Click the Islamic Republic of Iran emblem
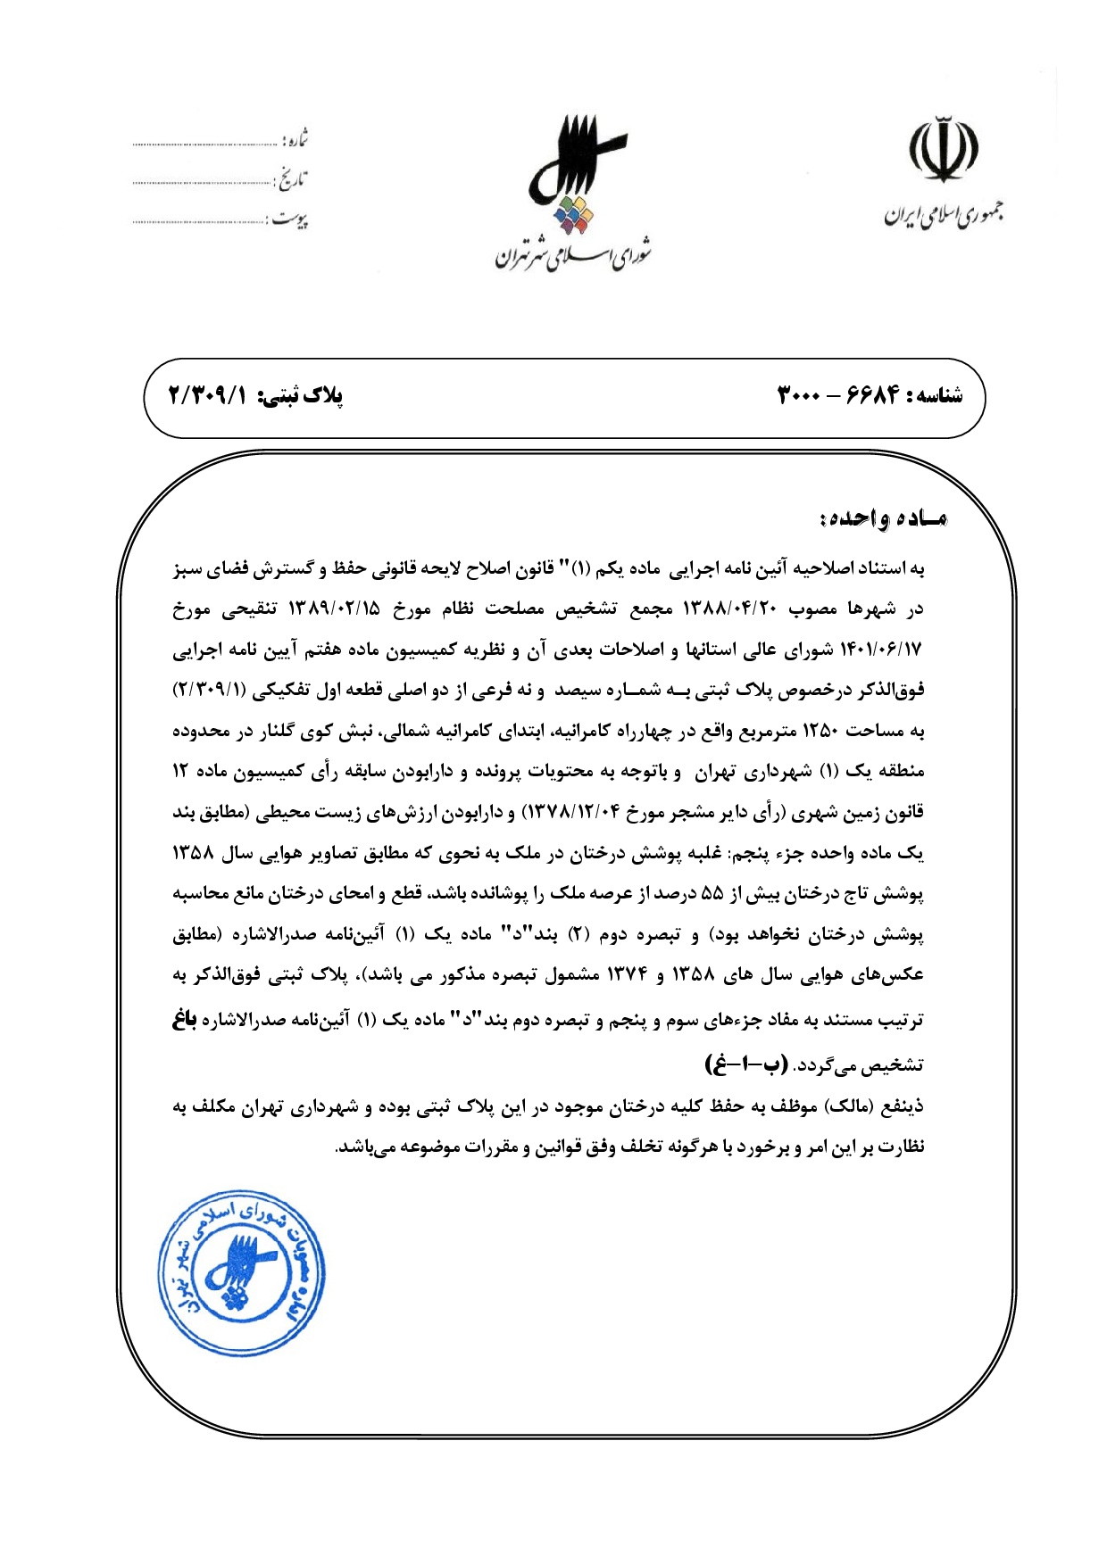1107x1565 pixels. pos(943,150)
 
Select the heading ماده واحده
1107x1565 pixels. pos(883,518)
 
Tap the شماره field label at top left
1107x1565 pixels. pos(295,139)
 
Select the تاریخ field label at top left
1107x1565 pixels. pos(291,179)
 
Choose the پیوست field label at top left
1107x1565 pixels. pos(289,219)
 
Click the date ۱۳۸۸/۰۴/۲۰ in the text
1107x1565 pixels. pos(730,609)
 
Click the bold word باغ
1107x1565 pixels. pos(185,1019)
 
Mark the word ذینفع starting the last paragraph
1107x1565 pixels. pos(903,1107)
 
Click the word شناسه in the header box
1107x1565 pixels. pos(934,396)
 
